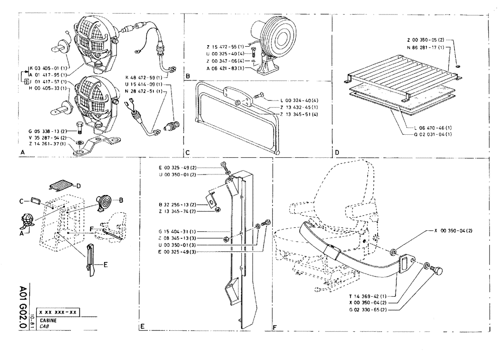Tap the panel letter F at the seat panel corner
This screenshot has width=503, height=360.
click(275, 326)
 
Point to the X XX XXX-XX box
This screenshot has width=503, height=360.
click(59, 313)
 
